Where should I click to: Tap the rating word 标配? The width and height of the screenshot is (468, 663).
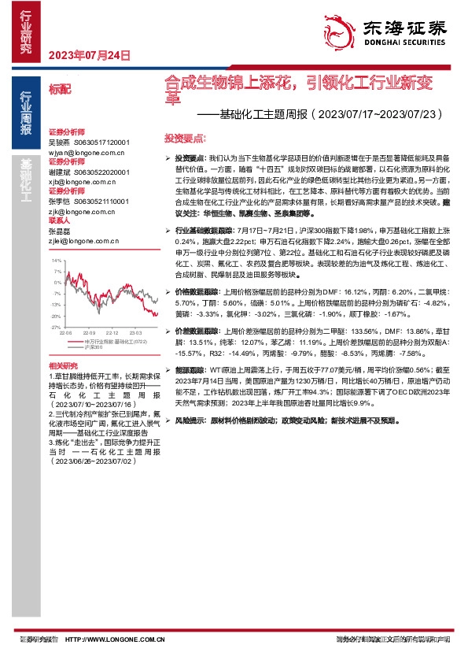60,89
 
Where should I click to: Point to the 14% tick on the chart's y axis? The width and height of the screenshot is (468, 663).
57,259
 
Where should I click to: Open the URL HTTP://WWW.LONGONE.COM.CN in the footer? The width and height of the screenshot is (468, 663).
114,639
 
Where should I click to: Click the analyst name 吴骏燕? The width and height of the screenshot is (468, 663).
59,142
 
